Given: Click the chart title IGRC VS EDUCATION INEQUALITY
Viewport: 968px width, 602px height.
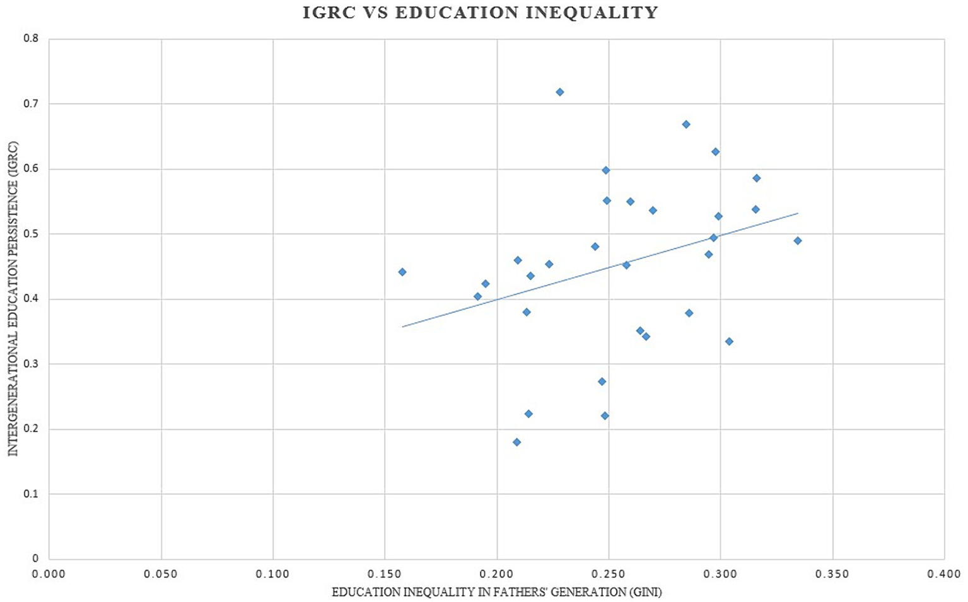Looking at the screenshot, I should click(480, 13).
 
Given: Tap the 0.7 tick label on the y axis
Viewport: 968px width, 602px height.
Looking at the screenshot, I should click(31, 103).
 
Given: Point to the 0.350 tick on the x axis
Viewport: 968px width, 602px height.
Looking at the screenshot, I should click(832, 574).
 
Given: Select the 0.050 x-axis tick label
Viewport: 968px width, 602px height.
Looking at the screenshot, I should click(161, 574).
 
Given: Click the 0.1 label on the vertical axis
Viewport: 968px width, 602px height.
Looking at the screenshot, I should click(31, 494).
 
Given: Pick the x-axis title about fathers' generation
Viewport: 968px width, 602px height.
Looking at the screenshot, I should click(497, 593).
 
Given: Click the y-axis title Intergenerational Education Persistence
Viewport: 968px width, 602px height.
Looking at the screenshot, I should click(13, 298).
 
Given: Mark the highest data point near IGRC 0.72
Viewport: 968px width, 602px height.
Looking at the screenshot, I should click(559, 92).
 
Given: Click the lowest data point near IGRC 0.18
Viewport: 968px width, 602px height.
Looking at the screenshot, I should click(516, 443).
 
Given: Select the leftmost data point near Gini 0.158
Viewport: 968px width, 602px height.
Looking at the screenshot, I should click(402, 272).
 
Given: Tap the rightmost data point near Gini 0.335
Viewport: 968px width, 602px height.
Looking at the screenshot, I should click(798, 241).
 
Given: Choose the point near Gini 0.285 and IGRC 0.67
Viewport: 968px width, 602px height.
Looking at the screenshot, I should click(686, 125).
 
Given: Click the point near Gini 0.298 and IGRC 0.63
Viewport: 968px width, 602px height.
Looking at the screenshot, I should click(716, 152).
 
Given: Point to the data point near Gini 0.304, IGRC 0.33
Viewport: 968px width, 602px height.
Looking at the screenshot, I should click(729, 342).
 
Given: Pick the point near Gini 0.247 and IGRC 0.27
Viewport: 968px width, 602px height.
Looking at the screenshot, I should click(602, 381).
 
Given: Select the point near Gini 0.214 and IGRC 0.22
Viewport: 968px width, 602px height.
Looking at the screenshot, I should click(528, 414).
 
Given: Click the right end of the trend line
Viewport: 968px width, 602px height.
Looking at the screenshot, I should click(798, 213).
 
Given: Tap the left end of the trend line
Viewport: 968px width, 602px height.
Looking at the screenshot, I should click(402, 327).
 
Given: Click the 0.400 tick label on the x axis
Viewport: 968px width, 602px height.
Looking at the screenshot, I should click(944, 574).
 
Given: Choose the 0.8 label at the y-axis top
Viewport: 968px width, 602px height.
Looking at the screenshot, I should click(31, 38).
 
